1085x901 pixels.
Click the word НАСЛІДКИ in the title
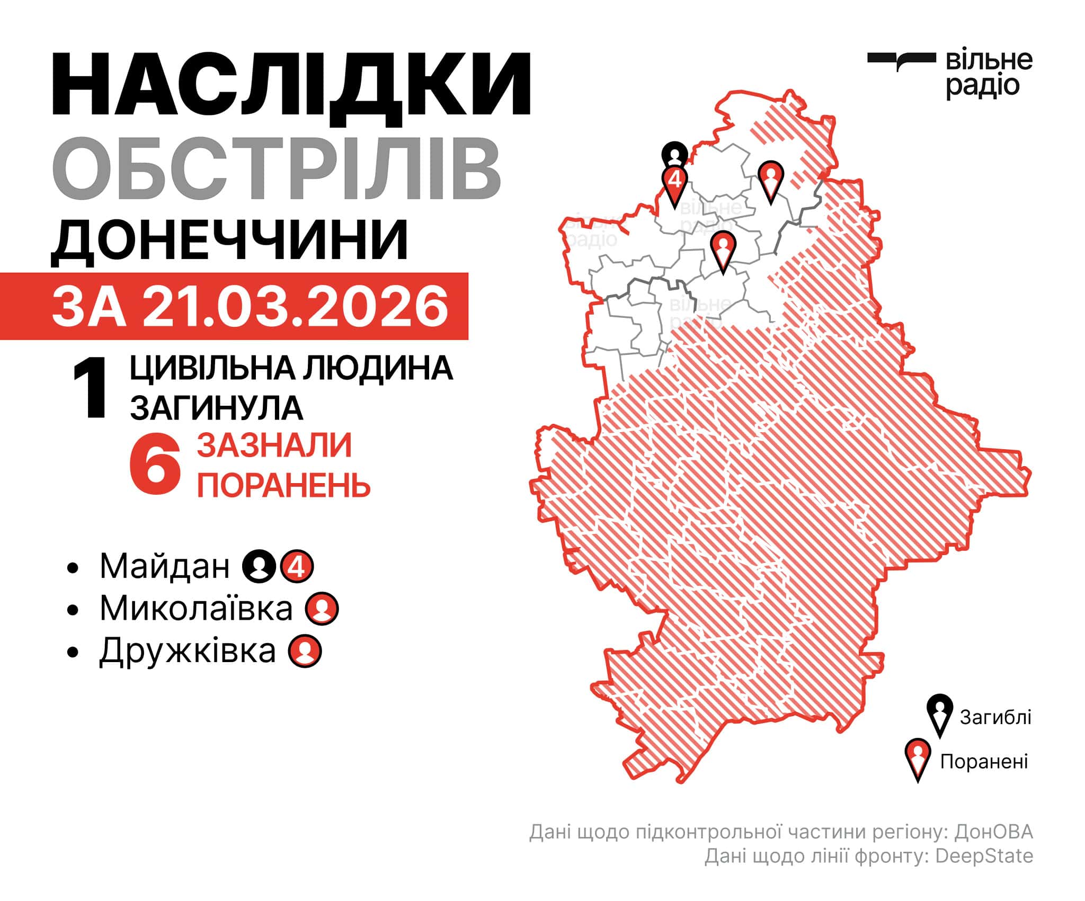pyautogui.click(x=291, y=85)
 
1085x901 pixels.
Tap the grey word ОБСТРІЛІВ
pyautogui.click(x=276, y=168)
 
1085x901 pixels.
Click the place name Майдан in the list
pyautogui.click(x=165, y=566)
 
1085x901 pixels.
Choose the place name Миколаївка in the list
pyautogui.click(x=196, y=608)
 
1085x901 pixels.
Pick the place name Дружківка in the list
pyautogui.click(x=188, y=650)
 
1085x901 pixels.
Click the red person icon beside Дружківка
pyautogui.click(x=305, y=651)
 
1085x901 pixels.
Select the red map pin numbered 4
pyautogui.click(x=675, y=183)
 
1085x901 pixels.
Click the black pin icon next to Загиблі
pyautogui.click(x=940, y=715)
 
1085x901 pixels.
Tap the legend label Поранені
pyautogui.click(x=984, y=762)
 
